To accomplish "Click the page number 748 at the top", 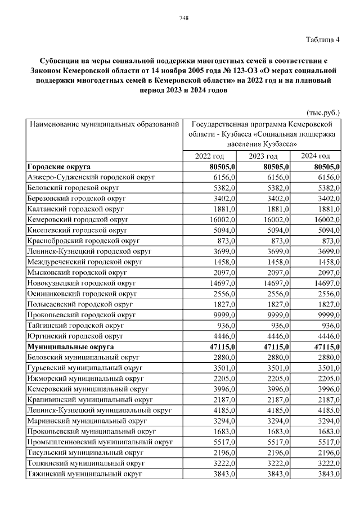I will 183,18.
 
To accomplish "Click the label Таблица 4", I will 323,40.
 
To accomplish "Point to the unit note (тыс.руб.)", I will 323,112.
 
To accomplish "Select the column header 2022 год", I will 209,156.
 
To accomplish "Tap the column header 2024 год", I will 315,156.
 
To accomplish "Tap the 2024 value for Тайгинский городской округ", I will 328,326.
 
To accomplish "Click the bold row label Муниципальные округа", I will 70,347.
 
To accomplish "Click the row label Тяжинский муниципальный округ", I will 84,474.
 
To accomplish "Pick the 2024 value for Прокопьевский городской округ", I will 326,315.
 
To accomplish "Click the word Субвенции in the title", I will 60,61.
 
